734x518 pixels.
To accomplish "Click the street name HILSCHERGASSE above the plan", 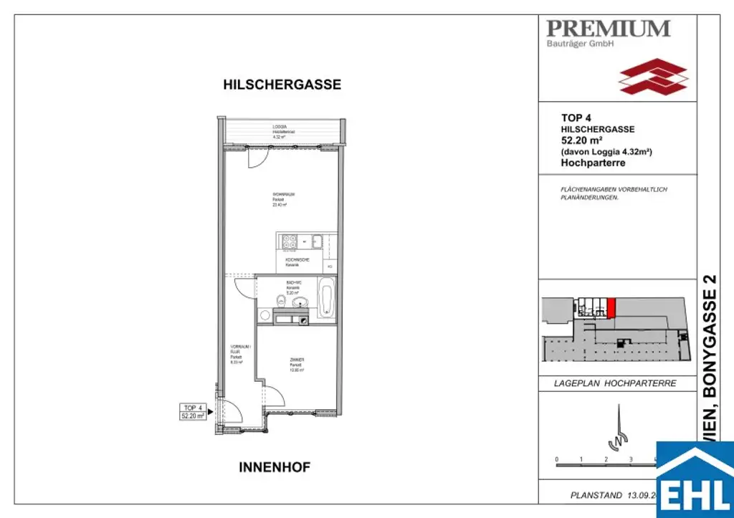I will pyautogui.click(x=282, y=85).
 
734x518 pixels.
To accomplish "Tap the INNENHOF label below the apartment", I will pyautogui.click(x=275, y=467).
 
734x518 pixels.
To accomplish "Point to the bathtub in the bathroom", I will pyautogui.click(x=327, y=298).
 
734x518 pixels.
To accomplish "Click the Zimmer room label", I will pyautogui.click(x=297, y=365).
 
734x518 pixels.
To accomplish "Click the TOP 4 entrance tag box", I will pyautogui.click(x=193, y=411).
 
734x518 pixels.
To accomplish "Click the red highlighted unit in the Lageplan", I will pyautogui.click(x=611, y=308).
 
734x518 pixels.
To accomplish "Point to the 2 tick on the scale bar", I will pyautogui.click(x=606, y=459).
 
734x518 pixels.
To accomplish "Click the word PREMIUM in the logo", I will pyautogui.click(x=608, y=29).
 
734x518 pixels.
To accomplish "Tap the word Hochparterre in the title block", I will pyautogui.click(x=593, y=163).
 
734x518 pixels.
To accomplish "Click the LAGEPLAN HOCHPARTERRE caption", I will pyautogui.click(x=615, y=383).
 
